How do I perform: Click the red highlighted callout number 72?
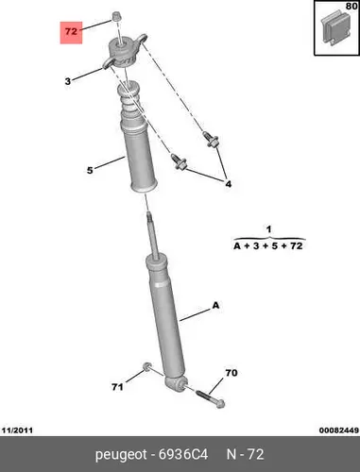[71, 31]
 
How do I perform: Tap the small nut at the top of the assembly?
[117, 16]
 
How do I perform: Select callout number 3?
[68, 81]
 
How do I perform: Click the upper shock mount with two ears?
[124, 52]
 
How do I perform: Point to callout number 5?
[90, 170]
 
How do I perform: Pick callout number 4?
[229, 184]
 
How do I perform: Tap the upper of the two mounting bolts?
[211, 139]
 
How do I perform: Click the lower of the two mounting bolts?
[179, 161]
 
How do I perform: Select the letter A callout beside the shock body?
[215, 305]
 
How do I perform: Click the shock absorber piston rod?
[153, 235]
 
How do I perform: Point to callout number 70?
[231, 373]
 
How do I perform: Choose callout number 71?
[117, 387]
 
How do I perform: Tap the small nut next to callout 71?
[147, 366]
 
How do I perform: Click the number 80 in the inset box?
[351, 6]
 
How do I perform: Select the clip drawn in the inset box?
[335, 29]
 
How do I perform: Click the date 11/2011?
[17, 430]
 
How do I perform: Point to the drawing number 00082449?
[338, 430]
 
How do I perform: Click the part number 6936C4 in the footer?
[183, 455]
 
